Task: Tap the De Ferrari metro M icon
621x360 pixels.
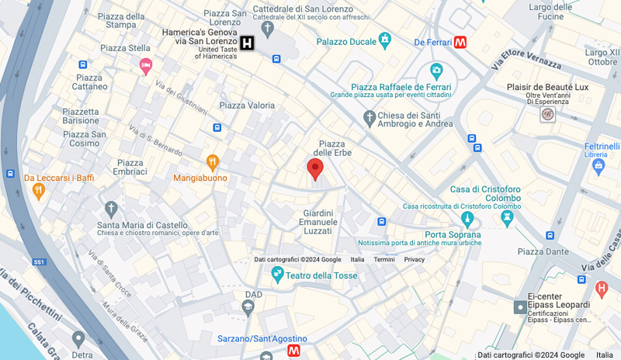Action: click(x=461, y=42)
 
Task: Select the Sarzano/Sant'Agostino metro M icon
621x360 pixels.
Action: click(x=294, y=351)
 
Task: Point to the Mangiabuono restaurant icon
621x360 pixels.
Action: click(x=212, y=162)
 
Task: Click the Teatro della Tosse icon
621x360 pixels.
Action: click(x=277, y=275)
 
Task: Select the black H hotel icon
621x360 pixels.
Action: click(x=248, y=43)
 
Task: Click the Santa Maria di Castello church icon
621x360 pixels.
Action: click(x=112, y=209)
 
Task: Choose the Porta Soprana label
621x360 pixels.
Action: click(x=453, y=234)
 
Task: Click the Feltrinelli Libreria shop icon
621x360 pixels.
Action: click(x=598, y=165)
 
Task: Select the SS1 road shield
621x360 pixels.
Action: click(x=40, y=262)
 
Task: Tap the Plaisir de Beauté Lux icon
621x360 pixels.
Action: click(x=548, y=115)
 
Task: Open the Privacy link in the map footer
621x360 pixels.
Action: click(x=414, y=259)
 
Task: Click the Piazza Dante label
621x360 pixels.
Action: click(x=544, y=251)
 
